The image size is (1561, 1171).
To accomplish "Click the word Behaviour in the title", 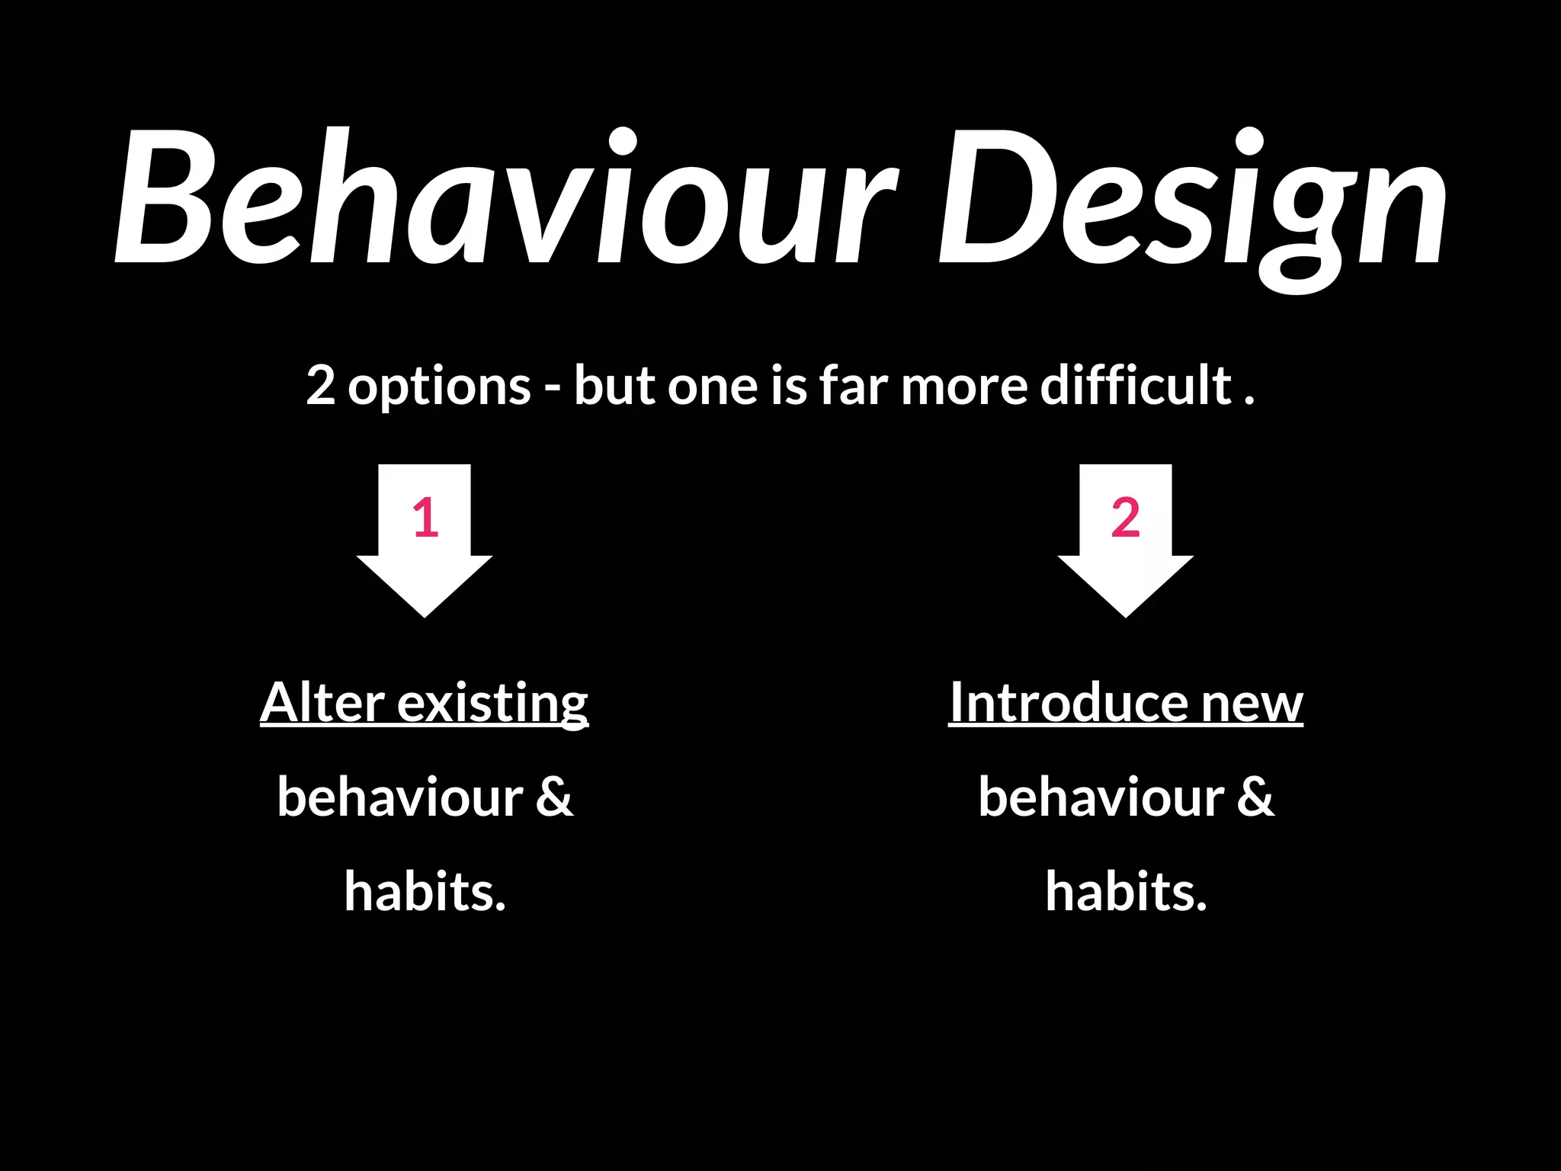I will (503, 198).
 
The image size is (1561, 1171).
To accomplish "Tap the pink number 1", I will (425, 518).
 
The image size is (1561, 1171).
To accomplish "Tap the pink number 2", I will (1126, 518).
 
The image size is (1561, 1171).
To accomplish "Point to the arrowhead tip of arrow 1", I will (425, 614).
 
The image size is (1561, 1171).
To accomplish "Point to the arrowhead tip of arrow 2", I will (1126, 614).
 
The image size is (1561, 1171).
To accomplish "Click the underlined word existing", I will (492, 703).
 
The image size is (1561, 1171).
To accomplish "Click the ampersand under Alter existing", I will (554, 797).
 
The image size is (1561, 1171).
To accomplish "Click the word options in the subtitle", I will (440, 387).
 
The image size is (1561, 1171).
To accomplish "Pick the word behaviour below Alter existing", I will (399, 797).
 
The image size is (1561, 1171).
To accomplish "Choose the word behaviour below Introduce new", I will (1101, 797).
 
